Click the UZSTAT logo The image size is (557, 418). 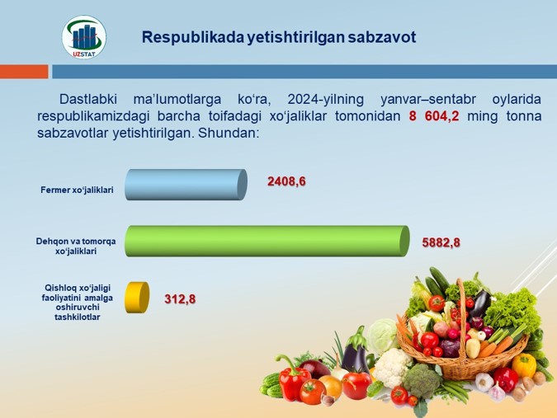pos(84,37)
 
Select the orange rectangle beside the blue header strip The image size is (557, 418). pos(24,72)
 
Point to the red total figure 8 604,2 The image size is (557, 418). pos(434,116)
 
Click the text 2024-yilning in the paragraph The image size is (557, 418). pos(325,100)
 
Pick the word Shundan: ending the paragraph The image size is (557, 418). pos(227,133)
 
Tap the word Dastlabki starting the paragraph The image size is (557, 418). pos(88,99)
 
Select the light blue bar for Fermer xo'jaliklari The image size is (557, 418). pos(186,185)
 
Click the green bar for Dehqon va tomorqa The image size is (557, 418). pos(267,241)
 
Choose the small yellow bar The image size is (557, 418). pos(137,298)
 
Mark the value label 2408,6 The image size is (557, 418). pos(286,181)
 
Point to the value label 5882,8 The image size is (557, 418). pos(441,242)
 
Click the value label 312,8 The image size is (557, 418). pos(180,299)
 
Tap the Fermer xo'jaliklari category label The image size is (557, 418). pos(77,190)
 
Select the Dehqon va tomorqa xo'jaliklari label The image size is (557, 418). pos(76,247)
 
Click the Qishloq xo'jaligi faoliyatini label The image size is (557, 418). pos(77,302)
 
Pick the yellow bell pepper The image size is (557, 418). pos(524,364)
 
